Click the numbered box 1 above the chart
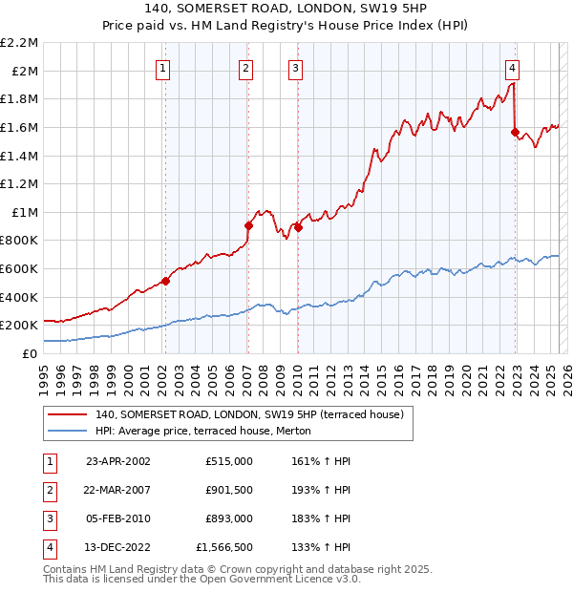(x=163, y=68)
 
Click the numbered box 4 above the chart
(x=513, y=68)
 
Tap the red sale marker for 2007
(x=248, y=226)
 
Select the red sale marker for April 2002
(x=165, y=281)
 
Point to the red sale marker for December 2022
(x=516, y=132)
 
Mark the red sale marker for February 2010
(x=297, y=227)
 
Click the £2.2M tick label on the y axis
(x=19, y=43)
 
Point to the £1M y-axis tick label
(x=26, y=212)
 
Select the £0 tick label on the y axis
(x=32, y=353)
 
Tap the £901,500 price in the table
(x=228, y=490)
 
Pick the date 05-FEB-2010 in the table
(x=119, y=518)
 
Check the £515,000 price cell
(x=228, y=461)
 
